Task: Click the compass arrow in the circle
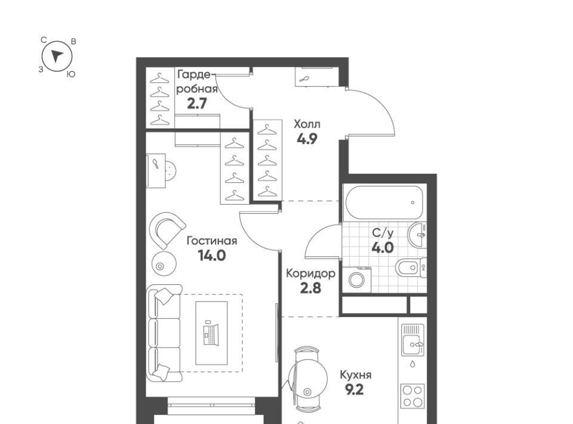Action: [x=57, y=56]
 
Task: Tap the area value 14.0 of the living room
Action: [x=211, y=256]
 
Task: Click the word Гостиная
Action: [x=211, y=241]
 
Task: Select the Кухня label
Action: [x=356, y=375]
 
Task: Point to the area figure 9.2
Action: [x=355, y=390]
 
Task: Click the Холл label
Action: [x=307, y=124]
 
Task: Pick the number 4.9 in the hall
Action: [x=307, y=139]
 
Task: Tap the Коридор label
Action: [x=310, y=274]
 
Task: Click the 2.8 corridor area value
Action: [x=310, y=288]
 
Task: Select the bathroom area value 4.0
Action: [x=383, y=248]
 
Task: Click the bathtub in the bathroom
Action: [x=383, y=203]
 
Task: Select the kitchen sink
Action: [x=413, y=340]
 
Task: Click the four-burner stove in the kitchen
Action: [x=413, y=396]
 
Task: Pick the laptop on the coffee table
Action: [x=211, y=333]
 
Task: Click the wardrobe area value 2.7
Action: [x=197, y=104]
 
